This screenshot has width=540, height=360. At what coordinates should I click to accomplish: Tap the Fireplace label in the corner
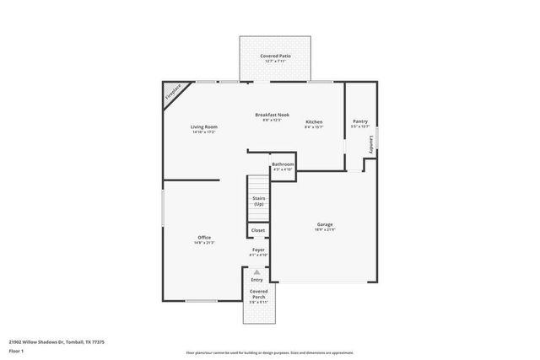(173, 92)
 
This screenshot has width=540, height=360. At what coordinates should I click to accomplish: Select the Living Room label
(204, 126)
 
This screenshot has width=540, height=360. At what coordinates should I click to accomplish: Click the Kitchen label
(314, 121)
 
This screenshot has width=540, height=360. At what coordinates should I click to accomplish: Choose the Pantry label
(359, 121)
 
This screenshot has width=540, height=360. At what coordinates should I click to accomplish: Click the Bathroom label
(283, 164)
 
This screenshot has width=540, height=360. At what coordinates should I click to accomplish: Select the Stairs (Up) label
(259, 201)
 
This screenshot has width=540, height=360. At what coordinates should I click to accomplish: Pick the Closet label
(258, 229)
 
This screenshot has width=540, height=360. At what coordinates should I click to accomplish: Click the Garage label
(325, 223)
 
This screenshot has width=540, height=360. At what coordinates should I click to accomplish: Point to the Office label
(204, 237)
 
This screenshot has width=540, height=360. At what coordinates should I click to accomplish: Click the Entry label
(256, 279)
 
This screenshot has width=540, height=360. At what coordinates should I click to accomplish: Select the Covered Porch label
(258, 293)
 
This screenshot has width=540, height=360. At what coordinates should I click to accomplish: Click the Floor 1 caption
(15, 350)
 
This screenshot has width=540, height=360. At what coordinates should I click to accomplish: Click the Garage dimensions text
(325, 229)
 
